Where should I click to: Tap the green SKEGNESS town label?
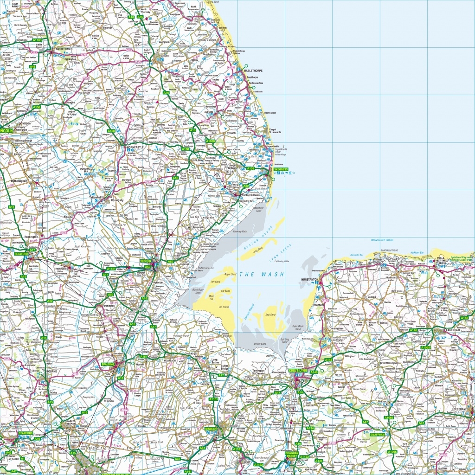281,169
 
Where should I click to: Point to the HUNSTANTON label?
310,280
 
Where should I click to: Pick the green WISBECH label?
212,429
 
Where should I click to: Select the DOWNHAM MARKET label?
291,455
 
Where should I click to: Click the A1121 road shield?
111,269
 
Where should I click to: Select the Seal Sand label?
270,315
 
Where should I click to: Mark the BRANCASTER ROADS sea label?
382,240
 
